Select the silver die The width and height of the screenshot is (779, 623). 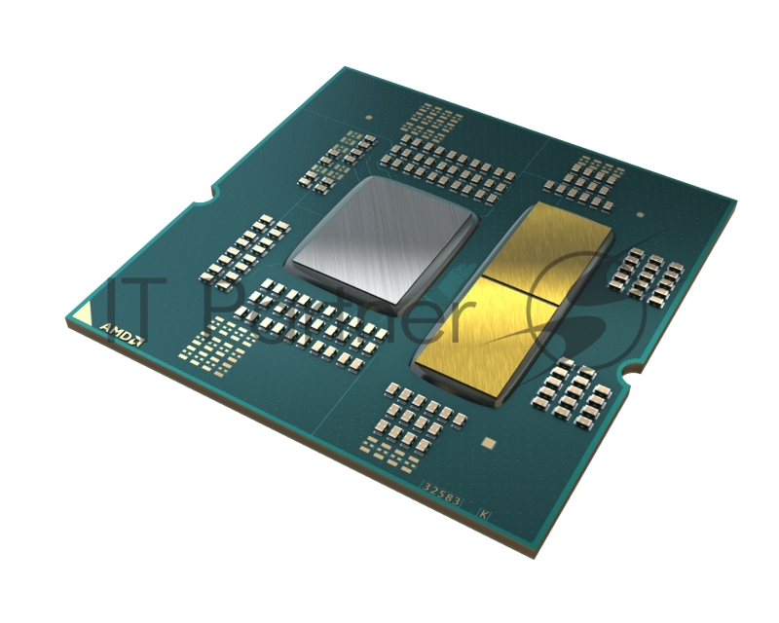pos(380,235)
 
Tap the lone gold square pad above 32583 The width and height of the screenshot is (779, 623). pos(490,443)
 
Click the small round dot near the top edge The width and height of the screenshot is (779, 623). pos(369,117)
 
